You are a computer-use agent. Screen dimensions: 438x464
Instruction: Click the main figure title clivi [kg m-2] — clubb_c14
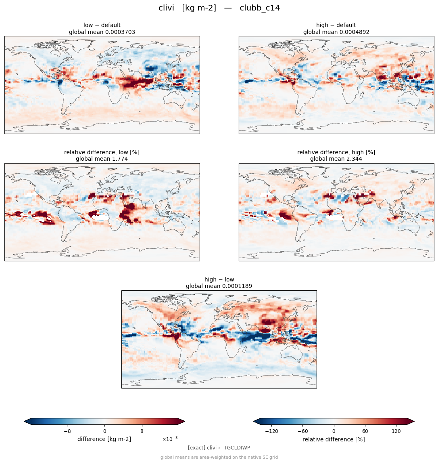pyautogui.click(x=219, y=8)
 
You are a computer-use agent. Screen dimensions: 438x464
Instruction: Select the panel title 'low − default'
pyautogui.click(x=102, y=25)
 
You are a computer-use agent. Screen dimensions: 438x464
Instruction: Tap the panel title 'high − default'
pyautogui.click(x=336, y=25)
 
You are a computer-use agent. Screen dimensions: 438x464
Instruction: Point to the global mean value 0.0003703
pyautogui.click(x=120, y=32)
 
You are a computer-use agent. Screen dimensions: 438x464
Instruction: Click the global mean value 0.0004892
pyautogui.click(x=355, y=32)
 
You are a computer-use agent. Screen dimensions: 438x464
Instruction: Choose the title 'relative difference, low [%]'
pyautogui.click(x=102, y=152)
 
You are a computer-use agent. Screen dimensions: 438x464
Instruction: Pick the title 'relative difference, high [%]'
pyautogui.click(x=336, y=152)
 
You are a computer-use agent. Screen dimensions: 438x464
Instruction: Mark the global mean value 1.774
pyautogui.click(x=119, y=159)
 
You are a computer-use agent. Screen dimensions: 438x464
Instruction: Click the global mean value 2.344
pyautogui.click(x=353, y=159)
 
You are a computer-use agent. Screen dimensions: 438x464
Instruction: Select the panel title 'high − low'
pyautogui.click(x=219, y=279)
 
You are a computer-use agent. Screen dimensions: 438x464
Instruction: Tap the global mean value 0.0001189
pyautogui.click(x=237, y=286)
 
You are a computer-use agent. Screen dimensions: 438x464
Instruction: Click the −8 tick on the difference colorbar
pyautogui.click(x=67, y=431)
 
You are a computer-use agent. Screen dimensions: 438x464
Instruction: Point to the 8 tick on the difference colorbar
pyautogui.click(x=142, y=431)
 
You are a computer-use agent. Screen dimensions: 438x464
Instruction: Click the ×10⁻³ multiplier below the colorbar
pyautogui.click(x=170, y=439)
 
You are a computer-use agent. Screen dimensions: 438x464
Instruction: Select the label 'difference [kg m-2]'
pyautogui.click(x=104, y=439)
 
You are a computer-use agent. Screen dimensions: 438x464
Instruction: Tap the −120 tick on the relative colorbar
pyautogui.click(x=271, y=431)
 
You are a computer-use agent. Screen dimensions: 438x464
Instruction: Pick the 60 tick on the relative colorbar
pyautogui.click(x=365, y=431)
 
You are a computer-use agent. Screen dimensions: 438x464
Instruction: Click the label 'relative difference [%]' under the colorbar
pyautogui.click(x=334, y=439)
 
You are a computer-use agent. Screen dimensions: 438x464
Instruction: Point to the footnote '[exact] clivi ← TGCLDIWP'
pyautogui.click(x=219, y=448)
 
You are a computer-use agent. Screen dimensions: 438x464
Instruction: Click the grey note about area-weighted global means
pyautogui.click(x=219, y=457)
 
